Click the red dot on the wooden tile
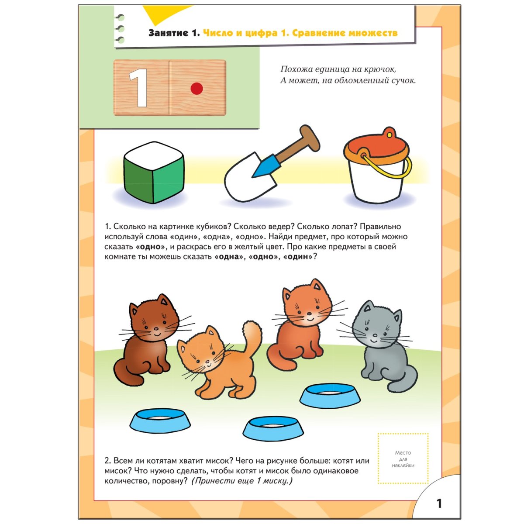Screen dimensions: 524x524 coord(197,89)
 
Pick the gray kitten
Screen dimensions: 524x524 coord(381,345)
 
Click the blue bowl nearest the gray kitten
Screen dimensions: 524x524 coord(331,395)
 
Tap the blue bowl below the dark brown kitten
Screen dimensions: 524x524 coord(160,420)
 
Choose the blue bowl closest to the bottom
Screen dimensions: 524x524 coord(273,427)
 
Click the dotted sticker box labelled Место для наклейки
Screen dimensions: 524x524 coord(403,458)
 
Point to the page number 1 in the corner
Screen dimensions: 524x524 coord(439,503)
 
